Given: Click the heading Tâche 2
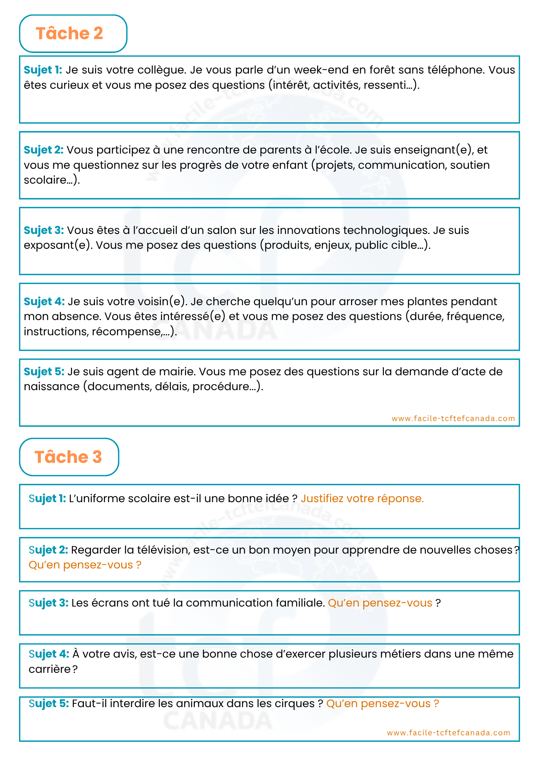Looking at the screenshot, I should [x=69, y=34].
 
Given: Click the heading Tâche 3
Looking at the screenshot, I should [x=68, y=457].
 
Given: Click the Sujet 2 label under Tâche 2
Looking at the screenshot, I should [x=43, y=150].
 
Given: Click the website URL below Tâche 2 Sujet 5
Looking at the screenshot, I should [x=453, y=418].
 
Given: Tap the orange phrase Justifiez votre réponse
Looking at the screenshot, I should [x=362, y=499].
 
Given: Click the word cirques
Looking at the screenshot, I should [x=294, y=704].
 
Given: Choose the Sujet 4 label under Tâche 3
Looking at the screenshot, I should [x=49, y=654].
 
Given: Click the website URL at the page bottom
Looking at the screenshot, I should [x=448, y=733].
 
